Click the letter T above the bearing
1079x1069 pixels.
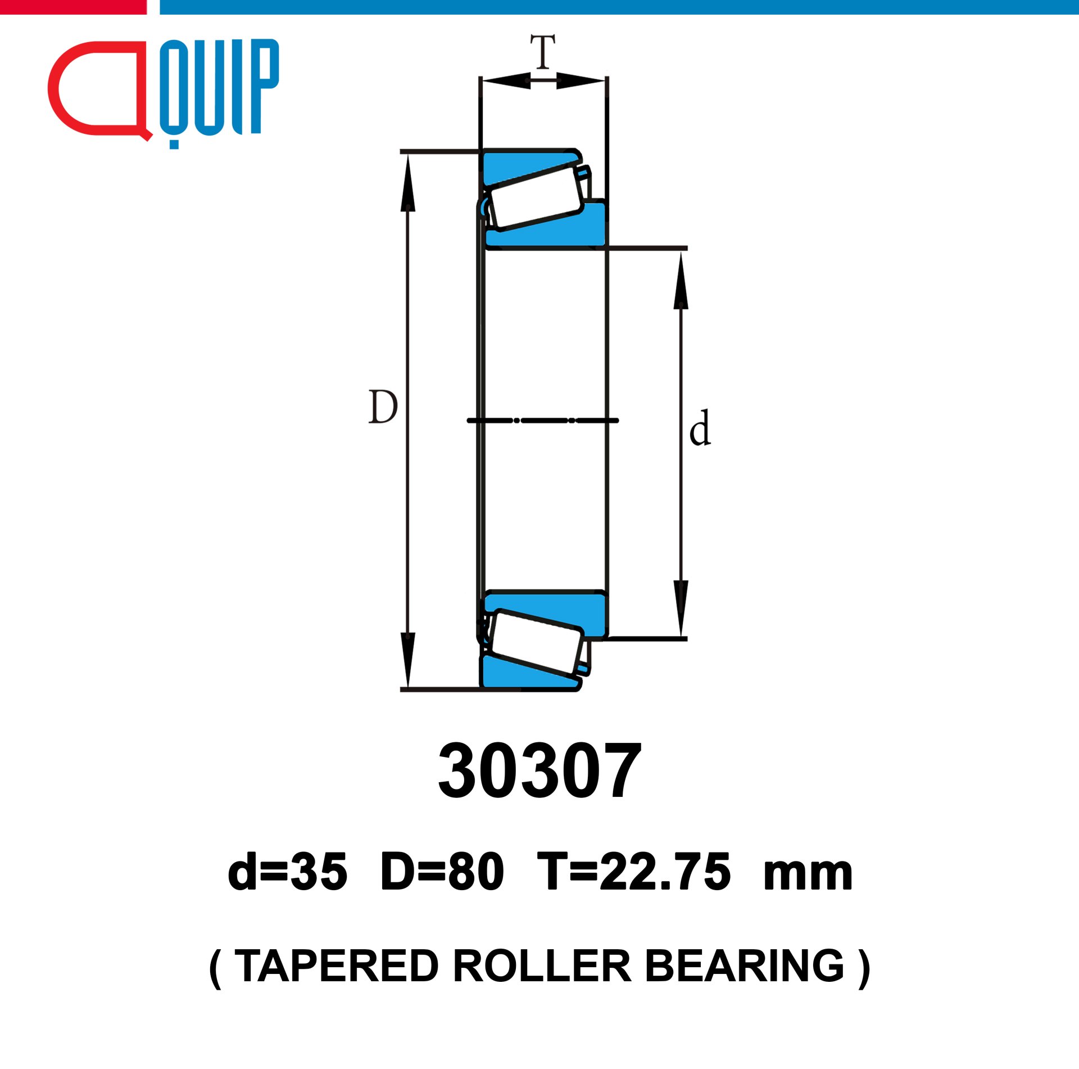coord(543,51)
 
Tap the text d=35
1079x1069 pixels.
coord(287,872)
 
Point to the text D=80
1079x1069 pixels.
coord(442,872)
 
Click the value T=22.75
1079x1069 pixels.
coord(634,872)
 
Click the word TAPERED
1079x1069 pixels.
coord(336,966)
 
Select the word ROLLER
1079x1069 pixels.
coord(542,966)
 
